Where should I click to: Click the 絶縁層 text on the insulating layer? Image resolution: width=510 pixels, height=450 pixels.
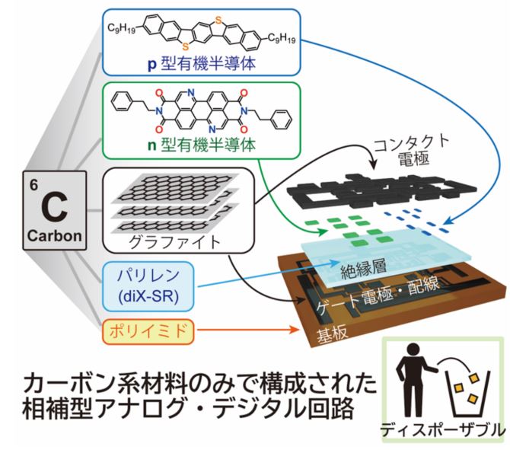click(x=368, y=266)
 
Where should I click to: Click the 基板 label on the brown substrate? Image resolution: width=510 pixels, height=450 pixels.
click(x=320, y=336)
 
